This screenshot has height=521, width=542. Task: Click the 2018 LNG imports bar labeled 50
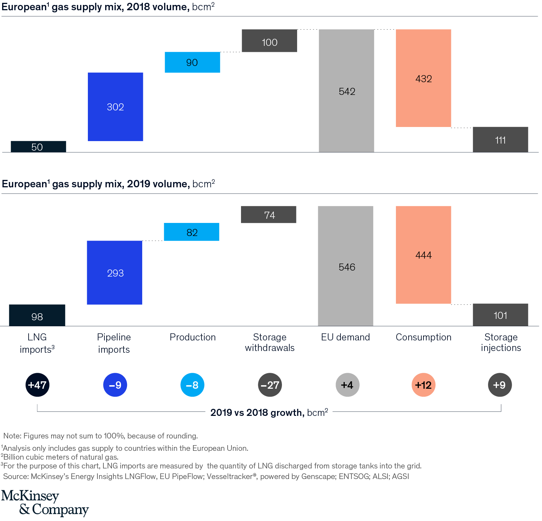[x=38, y=147]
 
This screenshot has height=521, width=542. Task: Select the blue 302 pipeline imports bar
[x=115, y=107]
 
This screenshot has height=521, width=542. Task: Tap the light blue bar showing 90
[x=192, y=62]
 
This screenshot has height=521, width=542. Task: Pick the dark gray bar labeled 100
[x=269, y=41]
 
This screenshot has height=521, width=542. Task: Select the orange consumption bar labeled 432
[x=423, y=78]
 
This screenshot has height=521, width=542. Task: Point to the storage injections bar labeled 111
[x=500, y=140]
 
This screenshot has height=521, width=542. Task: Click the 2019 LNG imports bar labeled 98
[x=37, y=315]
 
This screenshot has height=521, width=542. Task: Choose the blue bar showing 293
[x=115, y=272]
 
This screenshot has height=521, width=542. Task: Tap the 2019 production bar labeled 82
[x=192, y=232]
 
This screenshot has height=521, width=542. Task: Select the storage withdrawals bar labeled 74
[x=269, y=214]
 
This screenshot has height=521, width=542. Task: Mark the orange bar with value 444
[x=423, y=255]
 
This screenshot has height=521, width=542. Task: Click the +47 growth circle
[x=37, y=385]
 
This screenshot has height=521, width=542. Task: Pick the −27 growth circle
[x=270, y=385]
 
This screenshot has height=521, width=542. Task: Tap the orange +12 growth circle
[x=423, y=385]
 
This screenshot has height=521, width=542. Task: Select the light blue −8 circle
[x=192, y=385]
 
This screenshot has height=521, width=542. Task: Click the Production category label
[x=193, y=337]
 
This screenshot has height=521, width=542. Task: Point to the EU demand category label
[x=345, y=337]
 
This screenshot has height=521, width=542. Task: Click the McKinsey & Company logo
[x=45, y=503]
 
